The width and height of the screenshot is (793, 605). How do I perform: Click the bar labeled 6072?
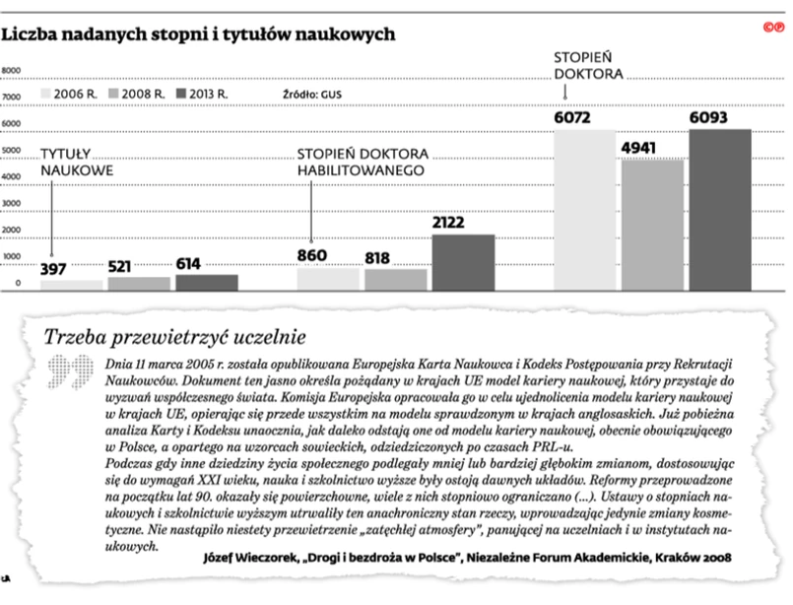coord(584,210)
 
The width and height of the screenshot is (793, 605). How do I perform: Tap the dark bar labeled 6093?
coord(719,210)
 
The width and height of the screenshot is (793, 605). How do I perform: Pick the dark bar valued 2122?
coord(462,262)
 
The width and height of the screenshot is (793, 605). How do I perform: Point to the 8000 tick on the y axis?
coord(12,71)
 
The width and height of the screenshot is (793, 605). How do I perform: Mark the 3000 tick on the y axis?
coord(12,205)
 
